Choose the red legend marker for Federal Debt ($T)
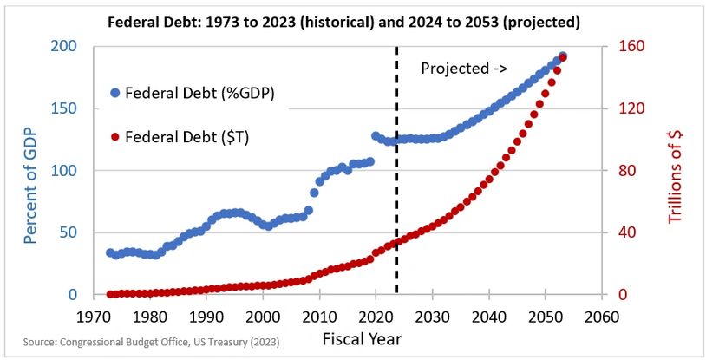coord(114,137)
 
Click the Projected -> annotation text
coord(464,69)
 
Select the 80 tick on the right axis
coord(623,171)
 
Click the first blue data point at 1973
coord(110,252)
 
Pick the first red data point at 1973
coord(110,294)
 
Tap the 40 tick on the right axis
coord(623,233)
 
